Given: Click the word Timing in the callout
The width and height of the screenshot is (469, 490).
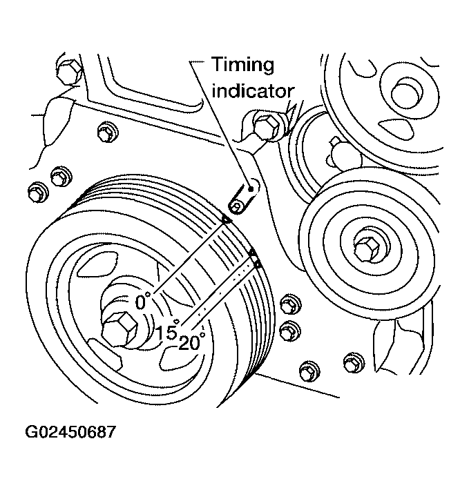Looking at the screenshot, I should pos(242,66).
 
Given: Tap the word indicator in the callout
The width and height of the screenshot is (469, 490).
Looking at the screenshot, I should pos(253,90).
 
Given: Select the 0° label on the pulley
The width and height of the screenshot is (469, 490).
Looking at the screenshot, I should pos(142,302).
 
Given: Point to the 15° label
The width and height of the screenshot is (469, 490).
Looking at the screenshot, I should pos(166,332).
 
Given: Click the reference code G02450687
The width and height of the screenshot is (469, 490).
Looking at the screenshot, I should pos(70,433).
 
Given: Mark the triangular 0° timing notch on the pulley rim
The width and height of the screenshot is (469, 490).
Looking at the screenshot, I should pos(225,219).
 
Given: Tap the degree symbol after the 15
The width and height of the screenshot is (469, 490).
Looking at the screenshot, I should pos(178,321).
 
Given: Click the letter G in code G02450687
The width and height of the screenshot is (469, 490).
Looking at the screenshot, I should pos(30,433).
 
